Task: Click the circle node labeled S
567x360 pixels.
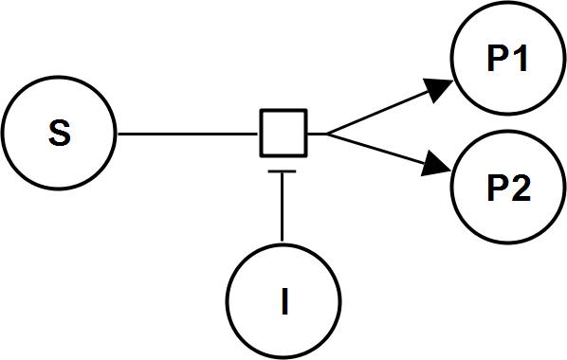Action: coord(58,134)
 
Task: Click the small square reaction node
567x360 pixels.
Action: coord(283,134)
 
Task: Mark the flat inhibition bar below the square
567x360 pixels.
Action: coord(283,171)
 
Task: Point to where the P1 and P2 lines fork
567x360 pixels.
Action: coord(327,134)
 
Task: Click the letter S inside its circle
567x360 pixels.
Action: coord(58,134)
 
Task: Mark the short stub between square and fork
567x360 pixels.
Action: coord(316,134)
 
